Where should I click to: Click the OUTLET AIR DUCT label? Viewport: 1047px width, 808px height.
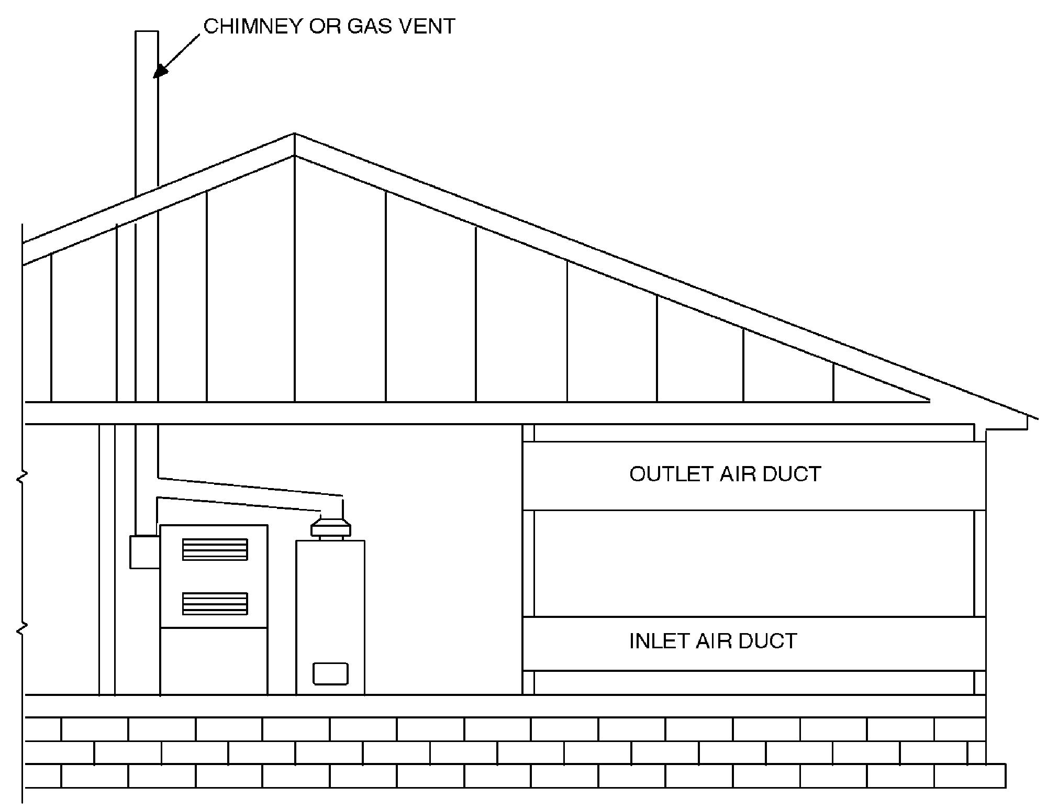click(x=725, y=474)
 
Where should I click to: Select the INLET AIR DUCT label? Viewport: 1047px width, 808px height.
click(x=713, y=641)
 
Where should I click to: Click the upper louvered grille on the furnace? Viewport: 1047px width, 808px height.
click(x=215, y=549)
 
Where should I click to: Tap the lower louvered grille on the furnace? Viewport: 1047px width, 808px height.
click(x=215, y=604)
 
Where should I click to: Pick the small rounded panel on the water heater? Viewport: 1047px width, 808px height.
click(x=330, y=673)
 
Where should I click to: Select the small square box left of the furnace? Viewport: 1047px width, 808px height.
click(x=144, y=551)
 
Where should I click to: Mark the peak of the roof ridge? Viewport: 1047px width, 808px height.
click(x=294, y=134)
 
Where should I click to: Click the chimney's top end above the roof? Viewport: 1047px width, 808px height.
click(x=147, y=31)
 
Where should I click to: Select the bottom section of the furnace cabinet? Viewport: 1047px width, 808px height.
click(x=214, y=661)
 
